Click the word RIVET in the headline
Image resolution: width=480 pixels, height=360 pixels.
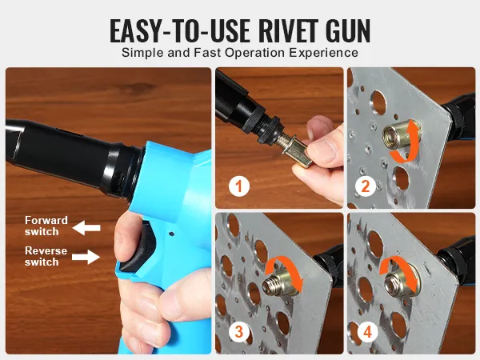point(284,30)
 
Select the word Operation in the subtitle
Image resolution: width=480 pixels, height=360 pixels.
point(255,53)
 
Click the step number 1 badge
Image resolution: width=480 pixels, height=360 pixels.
point(238,186)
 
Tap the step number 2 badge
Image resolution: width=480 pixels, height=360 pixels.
point(366,186)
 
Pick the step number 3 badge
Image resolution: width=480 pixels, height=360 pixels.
point(238,331)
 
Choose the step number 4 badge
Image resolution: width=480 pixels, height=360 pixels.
point(367,331)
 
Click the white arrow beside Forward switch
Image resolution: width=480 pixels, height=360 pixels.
point(86,228)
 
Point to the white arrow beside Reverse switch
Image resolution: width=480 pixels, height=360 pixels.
point(86,257)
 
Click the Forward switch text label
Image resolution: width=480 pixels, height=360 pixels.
point(46,226)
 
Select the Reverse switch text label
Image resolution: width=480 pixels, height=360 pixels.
point(46,256)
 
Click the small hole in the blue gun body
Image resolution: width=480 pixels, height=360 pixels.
point(172,234)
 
